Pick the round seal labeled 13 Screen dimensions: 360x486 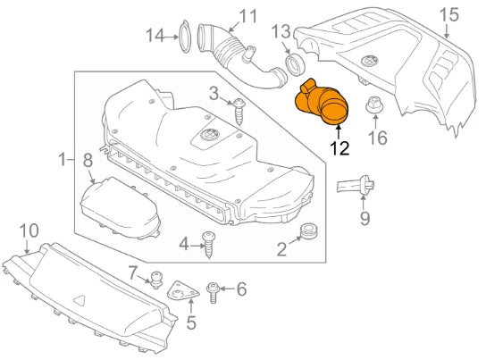[x=293, y=65]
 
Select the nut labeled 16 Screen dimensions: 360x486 [x=373, y=105]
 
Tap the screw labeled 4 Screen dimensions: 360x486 [x=211, y=243]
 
